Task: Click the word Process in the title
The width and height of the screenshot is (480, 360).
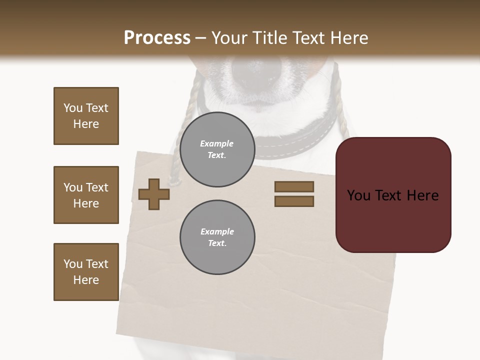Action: [157, 37]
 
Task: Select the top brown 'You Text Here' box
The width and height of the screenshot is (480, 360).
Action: [86, 116]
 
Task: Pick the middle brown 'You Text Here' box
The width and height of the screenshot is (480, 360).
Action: [86, 195]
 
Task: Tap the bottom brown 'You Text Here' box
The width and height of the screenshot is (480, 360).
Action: [86, 272]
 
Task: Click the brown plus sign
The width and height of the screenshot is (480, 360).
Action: [154, 194]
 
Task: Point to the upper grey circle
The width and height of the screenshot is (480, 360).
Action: [217, 149]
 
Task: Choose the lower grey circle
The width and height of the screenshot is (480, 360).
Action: [217, 237]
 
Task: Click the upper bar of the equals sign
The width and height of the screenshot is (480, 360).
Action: [294, 186]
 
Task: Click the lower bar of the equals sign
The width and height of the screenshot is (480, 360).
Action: [294, 201]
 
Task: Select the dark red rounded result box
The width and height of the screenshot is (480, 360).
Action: [393, 195]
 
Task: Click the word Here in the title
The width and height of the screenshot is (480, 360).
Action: [350, 37]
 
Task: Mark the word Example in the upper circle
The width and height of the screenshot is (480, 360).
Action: [217, 143]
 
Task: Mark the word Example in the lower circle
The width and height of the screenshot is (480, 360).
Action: [217, 231]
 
